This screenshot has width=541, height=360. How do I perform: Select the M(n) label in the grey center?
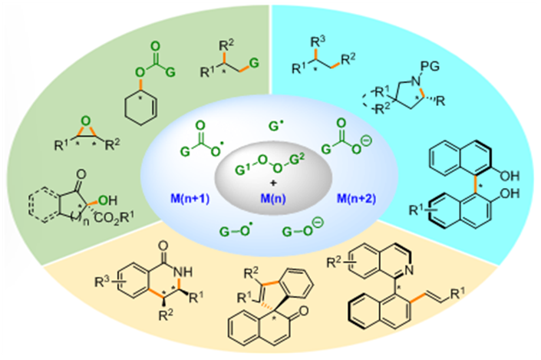(270, 197)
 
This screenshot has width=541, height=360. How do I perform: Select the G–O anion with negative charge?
(299, 229)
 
